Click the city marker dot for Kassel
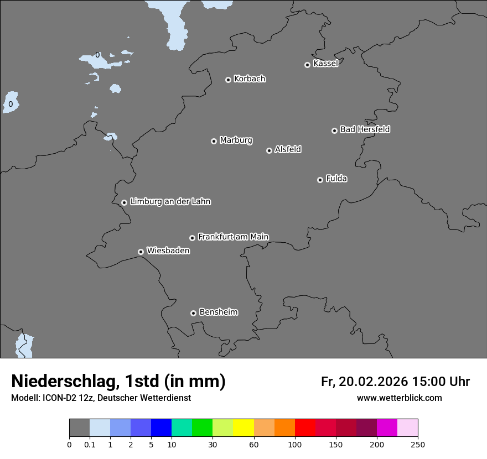pos(307,65)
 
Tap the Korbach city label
pos(250,79)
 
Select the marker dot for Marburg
pos(214,141)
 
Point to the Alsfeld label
pos(288,149)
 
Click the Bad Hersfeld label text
pos(365,129)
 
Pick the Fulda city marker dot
pos(320,180)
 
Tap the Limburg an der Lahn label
pos(170,201)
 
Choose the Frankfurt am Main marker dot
pos(192,238)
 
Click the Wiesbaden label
pos(168,251)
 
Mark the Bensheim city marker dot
pos(193,313)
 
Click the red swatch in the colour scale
pos(305,428)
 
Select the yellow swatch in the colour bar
pos(244,428)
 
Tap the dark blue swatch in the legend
pos(161,428)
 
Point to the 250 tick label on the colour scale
pos(418,444)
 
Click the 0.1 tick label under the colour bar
pos(90,444)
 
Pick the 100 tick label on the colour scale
pos(295,444)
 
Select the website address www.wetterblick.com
pos(399,398)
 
